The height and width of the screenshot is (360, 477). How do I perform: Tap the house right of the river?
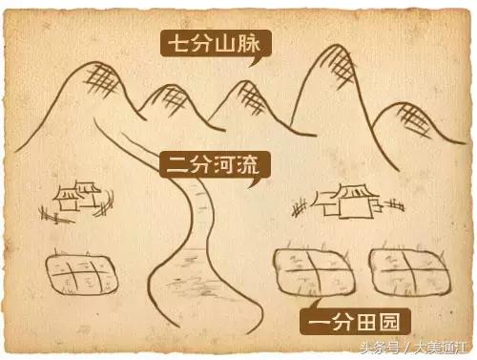click(x=349, y=201)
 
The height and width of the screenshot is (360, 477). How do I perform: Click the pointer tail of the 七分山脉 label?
click(x=255, y=60)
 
